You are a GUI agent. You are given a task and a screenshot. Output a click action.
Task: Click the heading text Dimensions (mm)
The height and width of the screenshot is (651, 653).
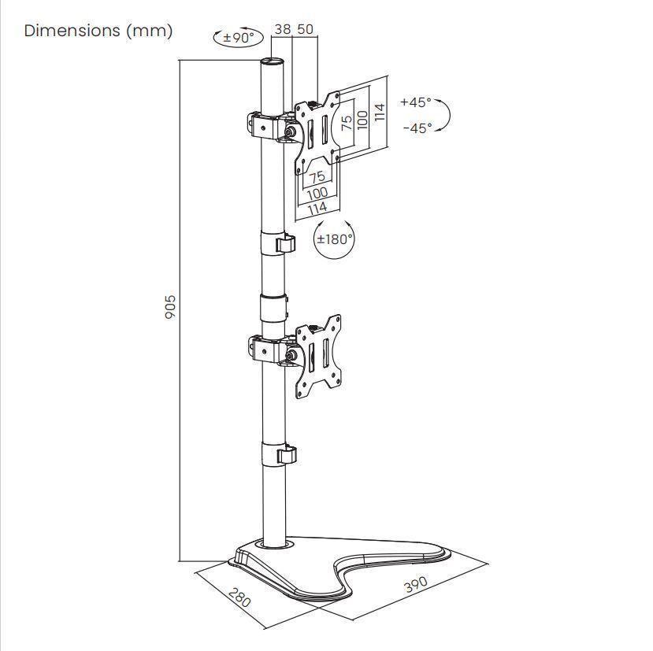pos(98,31)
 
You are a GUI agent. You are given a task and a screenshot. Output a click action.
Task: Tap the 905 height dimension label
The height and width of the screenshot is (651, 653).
pos(169,307)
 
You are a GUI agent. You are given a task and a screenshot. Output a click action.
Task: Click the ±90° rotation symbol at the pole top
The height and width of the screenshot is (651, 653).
pos(239,37)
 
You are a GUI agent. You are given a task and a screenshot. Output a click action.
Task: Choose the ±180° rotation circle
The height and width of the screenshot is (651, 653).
pos(334,239)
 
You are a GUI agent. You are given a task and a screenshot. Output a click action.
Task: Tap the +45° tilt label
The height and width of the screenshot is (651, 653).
pos(415,102)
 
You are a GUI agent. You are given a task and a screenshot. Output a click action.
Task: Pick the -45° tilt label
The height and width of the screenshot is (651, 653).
pos(417,128)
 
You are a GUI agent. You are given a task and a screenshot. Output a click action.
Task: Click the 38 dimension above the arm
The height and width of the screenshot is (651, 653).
pos(282,29)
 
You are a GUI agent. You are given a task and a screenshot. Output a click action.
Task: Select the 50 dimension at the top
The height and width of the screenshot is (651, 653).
pos(306,29)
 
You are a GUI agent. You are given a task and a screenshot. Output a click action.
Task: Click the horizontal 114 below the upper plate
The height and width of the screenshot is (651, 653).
pos(317,209)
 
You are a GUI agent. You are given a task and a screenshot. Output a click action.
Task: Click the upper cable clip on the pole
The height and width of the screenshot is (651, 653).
pos(286,244)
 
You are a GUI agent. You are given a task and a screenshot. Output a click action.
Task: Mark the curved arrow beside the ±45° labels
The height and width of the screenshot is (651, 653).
pos(444,115)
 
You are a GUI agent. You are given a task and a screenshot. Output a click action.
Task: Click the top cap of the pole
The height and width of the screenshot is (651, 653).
pos(273,61)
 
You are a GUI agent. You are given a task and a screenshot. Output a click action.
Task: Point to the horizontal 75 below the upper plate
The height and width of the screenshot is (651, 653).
pos(317,178)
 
